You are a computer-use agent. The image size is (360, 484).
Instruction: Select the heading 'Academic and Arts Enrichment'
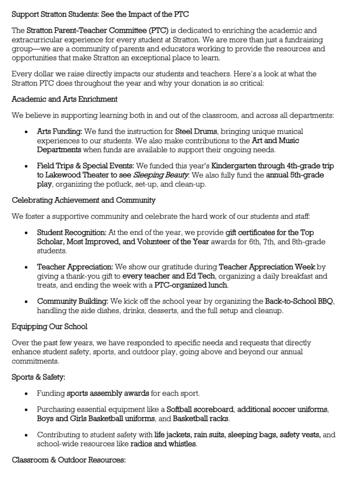(65, 99)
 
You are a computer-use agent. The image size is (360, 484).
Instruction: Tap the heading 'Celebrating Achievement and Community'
(84, 200)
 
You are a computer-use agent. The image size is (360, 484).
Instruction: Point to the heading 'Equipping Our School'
(50, 327)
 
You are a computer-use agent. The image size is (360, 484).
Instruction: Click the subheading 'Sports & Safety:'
(39, 377)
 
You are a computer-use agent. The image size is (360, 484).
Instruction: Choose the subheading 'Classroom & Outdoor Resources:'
(69, 459)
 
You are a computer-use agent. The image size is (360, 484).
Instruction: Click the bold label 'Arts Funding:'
(60, 131)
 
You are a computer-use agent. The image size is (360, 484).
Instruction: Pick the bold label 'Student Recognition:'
(72, 233)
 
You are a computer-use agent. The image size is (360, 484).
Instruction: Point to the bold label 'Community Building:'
(73, 302)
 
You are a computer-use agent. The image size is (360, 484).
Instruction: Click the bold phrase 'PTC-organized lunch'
(191, 285)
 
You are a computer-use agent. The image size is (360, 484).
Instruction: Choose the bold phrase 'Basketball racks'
(201, 419)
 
